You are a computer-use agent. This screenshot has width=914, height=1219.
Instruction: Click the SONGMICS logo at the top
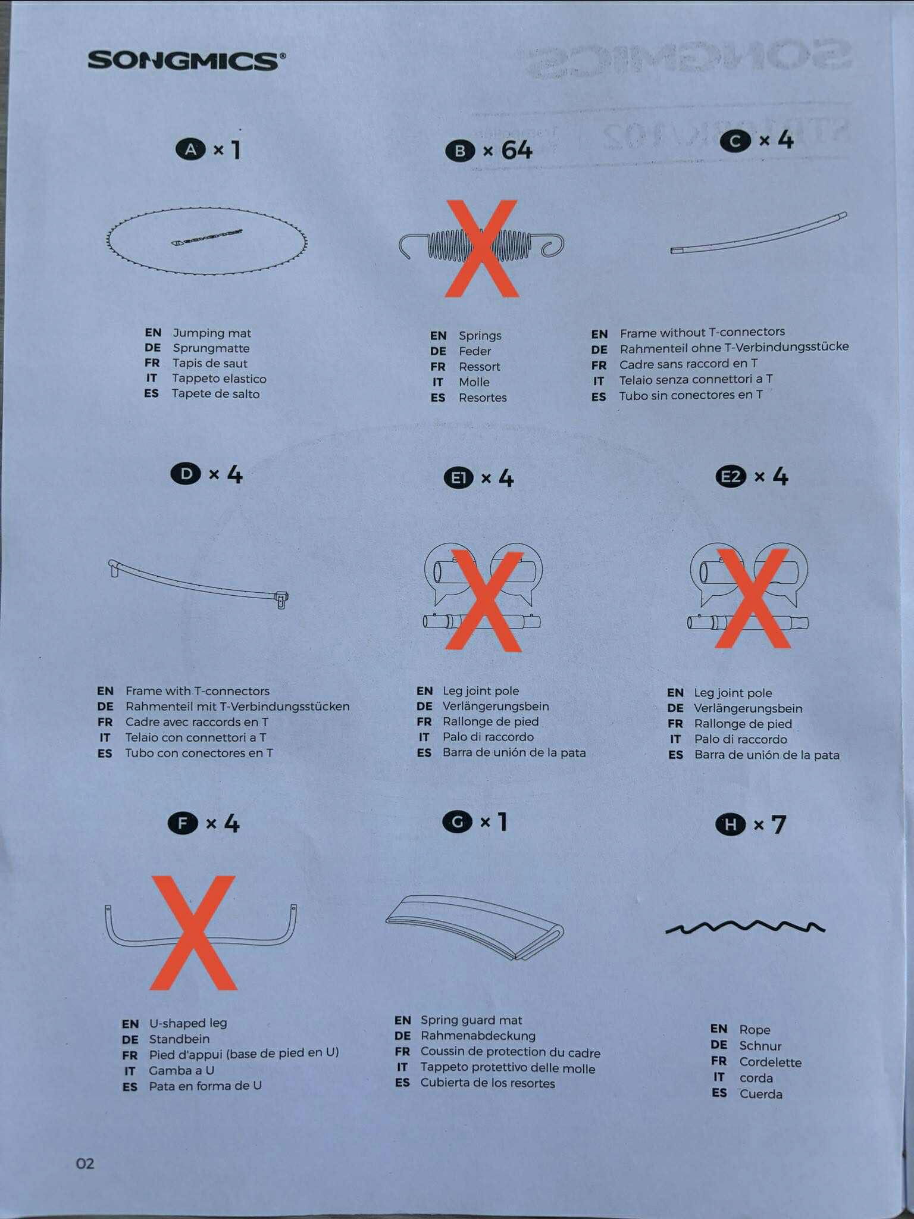click(x=186, y=61)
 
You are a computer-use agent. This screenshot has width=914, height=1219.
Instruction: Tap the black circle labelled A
click(x=190, y=149)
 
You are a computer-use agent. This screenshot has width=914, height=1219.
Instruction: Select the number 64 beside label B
click(x=517, y=150)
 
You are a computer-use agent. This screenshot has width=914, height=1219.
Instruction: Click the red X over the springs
click(x=483, y=248)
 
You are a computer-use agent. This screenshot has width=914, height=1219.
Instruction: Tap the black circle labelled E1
click(x=458, y=478)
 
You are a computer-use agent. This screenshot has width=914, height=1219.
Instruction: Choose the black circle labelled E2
click(x=731, y=476)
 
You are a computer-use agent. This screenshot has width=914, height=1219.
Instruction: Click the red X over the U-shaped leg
click(x=193, y=933)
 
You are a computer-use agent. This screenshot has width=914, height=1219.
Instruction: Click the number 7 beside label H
click(x=778, y=824)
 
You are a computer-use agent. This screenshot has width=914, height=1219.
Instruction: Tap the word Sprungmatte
click(x=211, y=348)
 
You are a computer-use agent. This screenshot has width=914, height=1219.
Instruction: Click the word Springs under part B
click(x=480, y=336)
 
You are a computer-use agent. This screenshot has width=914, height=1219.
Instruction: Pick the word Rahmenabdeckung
click(x=478, y=1036)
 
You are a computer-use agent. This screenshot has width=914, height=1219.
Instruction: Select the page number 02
click(x=85, y=1163)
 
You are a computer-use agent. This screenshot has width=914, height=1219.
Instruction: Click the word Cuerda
click(x=760, y=1094)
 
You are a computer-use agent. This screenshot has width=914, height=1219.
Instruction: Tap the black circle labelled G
click(x=458, y=822)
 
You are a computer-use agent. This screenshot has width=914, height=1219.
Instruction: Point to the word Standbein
click(x=179, y=1039)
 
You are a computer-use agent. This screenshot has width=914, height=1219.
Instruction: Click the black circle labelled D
click(x=186, y=474)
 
